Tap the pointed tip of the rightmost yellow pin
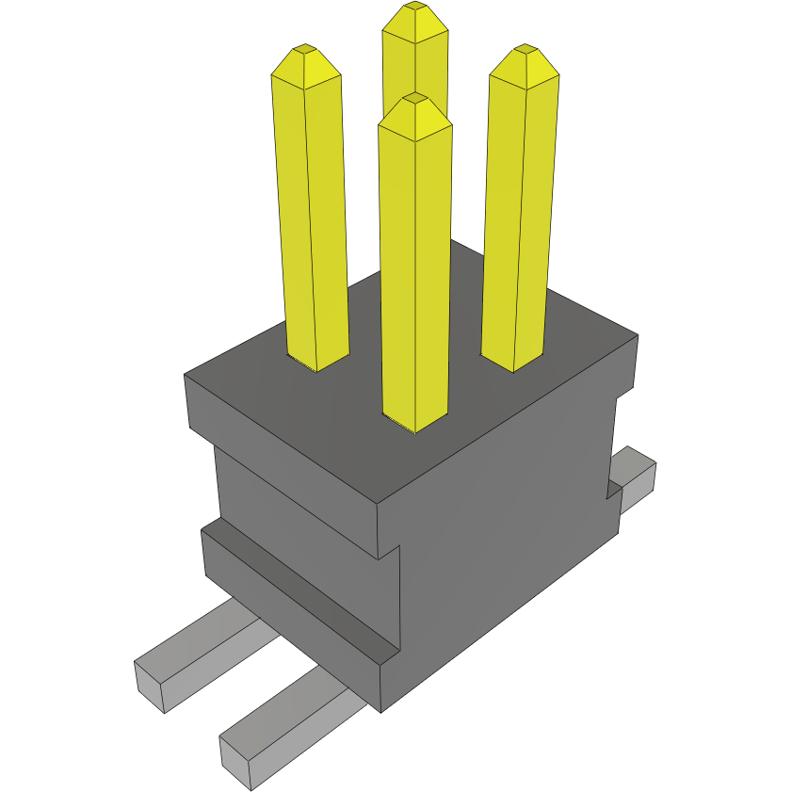point(524,48)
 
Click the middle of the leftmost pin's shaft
point(311,217)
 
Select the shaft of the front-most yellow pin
point(414,273)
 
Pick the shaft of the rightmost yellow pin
point(517,217)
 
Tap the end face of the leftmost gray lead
point(150,687)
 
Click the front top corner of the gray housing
point(378,504)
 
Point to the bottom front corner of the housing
point(381,708)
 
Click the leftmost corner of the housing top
point(185,375)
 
